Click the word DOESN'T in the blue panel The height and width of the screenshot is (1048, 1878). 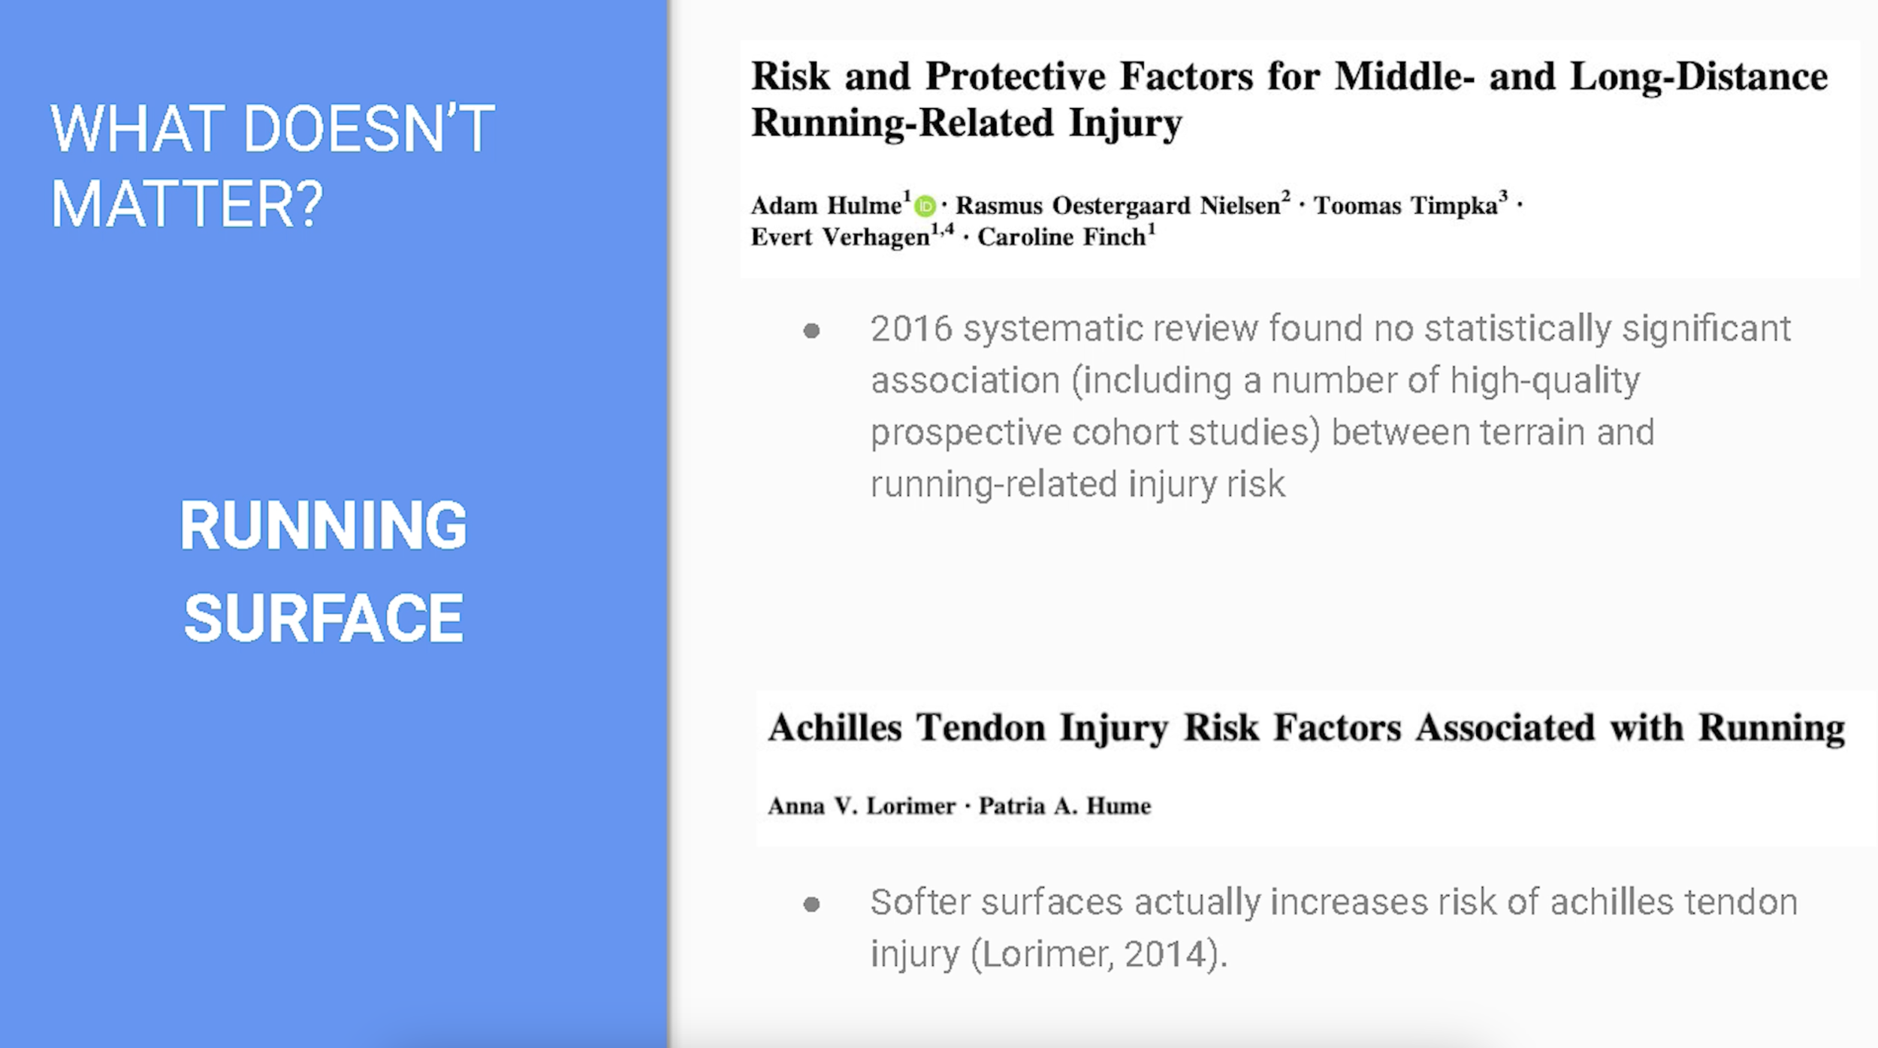[369, 128]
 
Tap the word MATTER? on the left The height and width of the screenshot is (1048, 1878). [187, 204]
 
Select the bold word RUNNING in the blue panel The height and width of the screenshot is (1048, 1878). [323, 525]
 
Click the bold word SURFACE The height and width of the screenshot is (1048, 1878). [324, 618]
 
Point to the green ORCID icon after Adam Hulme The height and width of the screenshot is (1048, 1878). [925, 206]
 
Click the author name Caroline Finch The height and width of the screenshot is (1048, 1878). [1061, 237]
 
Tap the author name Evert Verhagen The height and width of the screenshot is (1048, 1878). [840, 237]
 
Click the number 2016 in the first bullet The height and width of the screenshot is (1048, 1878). [911, 329]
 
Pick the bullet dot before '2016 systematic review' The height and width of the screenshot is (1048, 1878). [811, 331]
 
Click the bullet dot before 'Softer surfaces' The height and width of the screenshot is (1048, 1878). [811, 904]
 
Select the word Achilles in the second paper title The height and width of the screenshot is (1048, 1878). [835, 728]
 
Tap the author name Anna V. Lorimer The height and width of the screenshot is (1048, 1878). [862, 806]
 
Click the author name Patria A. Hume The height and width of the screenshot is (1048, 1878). [1064, 806]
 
